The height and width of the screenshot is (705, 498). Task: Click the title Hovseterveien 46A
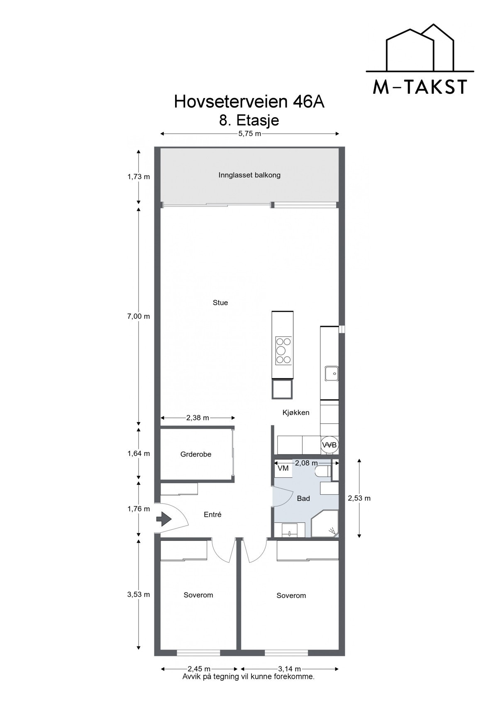(x=249, y=102)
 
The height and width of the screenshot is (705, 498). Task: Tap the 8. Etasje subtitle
(x=249, y=120)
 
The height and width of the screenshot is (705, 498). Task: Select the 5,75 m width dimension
(x=249, y=134)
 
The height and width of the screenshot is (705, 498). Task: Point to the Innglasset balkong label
(x=249, y=175)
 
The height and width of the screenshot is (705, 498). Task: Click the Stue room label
(x=220, y=303)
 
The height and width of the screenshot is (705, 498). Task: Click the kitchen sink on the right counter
(x=332, y=373)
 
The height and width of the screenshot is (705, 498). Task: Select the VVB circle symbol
(x=330, y=445)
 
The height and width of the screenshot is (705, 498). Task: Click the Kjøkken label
(x=296, y=413)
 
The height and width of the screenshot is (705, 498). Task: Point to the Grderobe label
(x=196, y=454)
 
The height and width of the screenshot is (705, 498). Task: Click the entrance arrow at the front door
(x=164, y=518)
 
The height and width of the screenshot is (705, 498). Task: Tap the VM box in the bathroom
(x=283, y=468)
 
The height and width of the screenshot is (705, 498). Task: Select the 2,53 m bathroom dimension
(x=359, y=498)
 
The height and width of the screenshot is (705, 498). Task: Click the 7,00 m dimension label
(x=139, y=316)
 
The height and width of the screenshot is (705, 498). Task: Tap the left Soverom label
(x=198, y=595)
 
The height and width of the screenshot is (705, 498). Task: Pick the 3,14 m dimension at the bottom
(x=290, y=669)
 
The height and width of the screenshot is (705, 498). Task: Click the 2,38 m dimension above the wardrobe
(x=198, y=418)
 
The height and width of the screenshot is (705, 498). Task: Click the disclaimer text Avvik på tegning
(x=248, y=676)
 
